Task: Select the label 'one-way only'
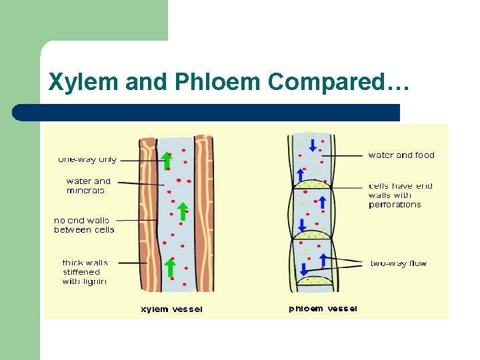(87, 159)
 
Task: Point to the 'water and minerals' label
(88, 185)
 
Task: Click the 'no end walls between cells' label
(84, 225)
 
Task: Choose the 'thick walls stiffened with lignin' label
(85, 272)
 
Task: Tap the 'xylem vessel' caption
(171, 309)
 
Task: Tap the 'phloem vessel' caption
(323, 309)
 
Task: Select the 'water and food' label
(401, 155)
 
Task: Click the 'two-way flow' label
(399, 263)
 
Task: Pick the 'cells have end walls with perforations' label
(400, 195)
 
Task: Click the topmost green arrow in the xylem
(167, 160)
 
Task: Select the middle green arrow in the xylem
(182, 211)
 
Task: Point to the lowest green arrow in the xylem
(170, 268)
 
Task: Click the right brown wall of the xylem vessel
(203, 213)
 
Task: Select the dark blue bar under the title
(207, 112)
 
